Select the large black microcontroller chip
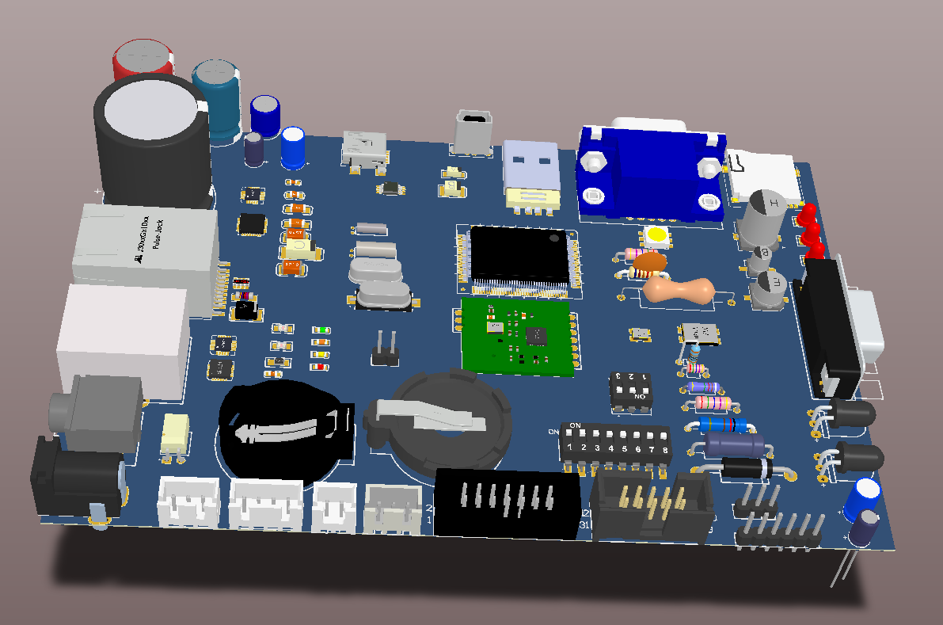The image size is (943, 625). (x=519, y=255)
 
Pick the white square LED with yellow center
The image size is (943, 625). (x=657, y=236)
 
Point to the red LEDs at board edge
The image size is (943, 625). (x=808, y=229)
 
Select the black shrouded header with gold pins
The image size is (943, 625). (x=653, y=507)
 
